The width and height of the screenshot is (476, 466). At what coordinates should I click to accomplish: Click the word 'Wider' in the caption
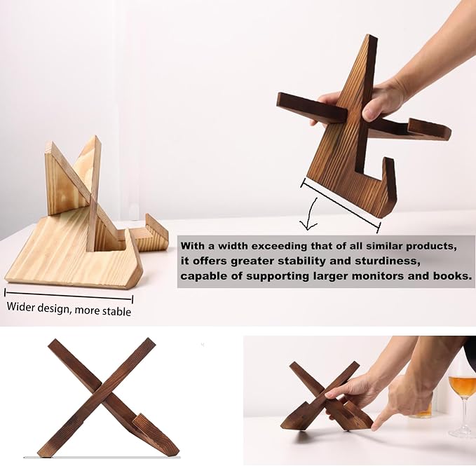coord(20,306)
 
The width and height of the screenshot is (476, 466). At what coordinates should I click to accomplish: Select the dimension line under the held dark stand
coord(341,205)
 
